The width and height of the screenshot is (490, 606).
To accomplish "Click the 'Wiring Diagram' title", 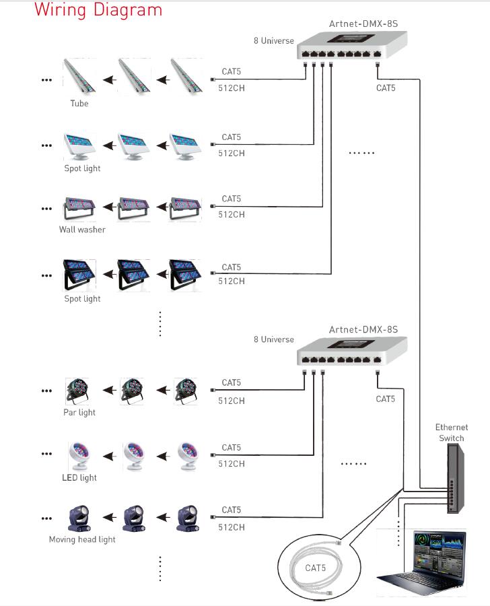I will click(x=98, y=11).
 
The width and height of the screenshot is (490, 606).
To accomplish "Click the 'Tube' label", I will click(x=79, y=104).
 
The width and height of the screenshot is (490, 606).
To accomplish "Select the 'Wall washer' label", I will click(x=82, y=230).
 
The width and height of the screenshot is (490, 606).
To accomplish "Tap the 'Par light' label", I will click(x=79, y=412).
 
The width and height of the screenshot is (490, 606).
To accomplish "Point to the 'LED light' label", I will click(x=79, y=477).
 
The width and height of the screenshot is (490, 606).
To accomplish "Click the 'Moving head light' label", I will click(x=82, y=539).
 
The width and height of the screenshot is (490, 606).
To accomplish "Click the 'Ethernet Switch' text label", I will click(x=451, y=432).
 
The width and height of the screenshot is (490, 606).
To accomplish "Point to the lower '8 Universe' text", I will click(x=274, y=339).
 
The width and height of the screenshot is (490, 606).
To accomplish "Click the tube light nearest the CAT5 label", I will click(x=184, y=75).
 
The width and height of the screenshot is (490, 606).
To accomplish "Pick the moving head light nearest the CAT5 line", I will click(x=186, y=518).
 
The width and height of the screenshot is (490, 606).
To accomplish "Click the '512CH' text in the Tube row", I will click(x=232, y=87).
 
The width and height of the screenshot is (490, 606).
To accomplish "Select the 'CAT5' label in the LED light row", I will click(x=231, y=448).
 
